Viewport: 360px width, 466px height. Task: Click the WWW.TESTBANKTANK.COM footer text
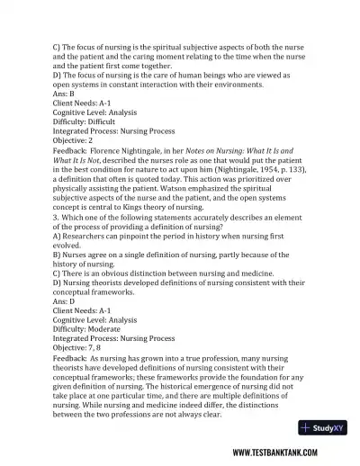(284, 453)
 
